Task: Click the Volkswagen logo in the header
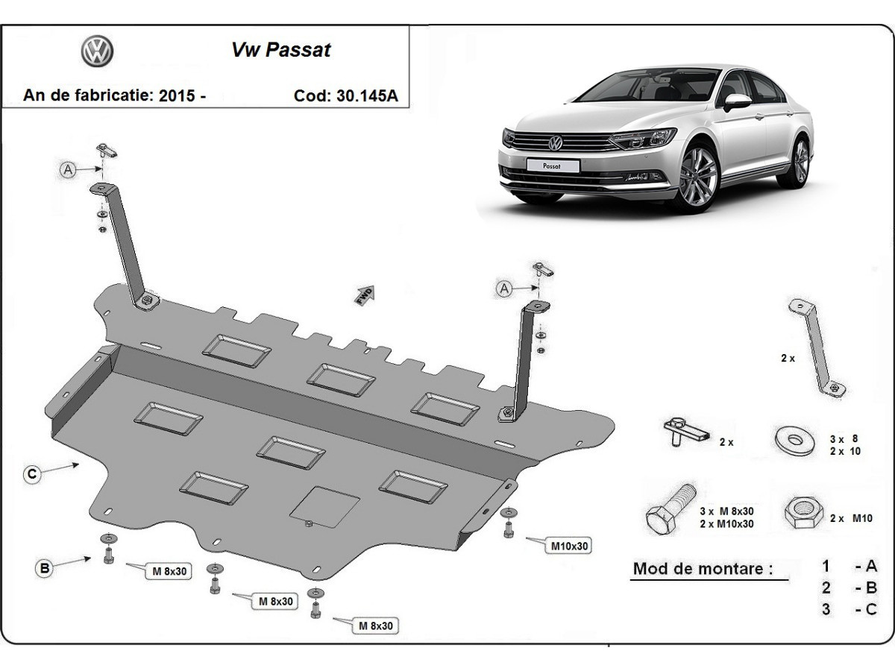tap(97, 51)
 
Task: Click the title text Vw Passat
tap(280, 50)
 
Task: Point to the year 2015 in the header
tap(178, 95)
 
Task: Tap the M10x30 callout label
tap(570, 546)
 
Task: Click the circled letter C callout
tap(31, 474)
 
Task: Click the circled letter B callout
tap(45, 568)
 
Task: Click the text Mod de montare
tap(703, 569)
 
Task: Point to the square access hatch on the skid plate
tap(324, 505)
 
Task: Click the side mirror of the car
tap(736, 101)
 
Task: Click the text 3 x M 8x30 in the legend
tap(726, 511)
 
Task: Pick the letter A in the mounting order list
tap(870, 566)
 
